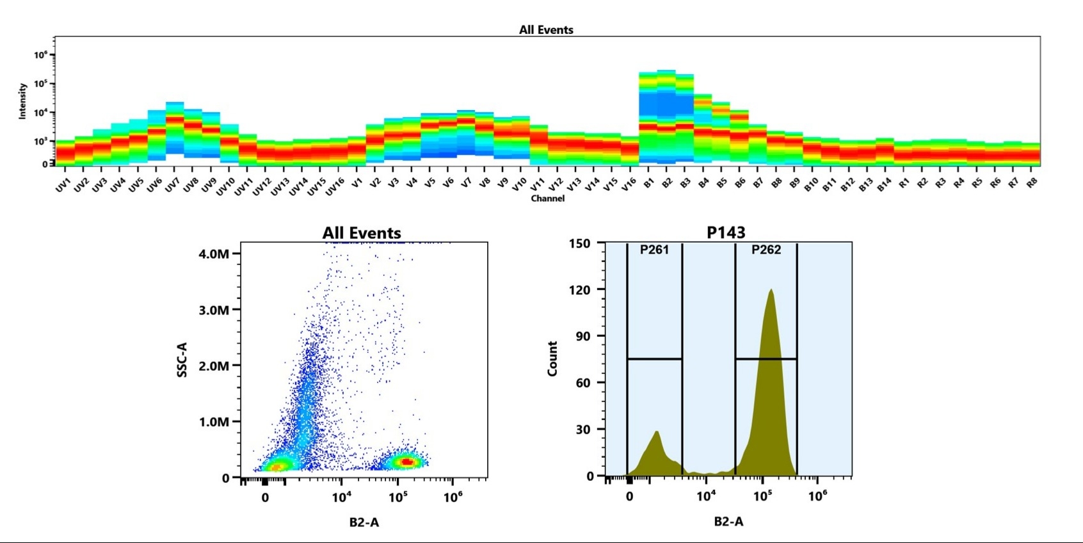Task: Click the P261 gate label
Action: pyautogui.click(x=654, y=250)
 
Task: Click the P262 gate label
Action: pyautogui.click(x=766, y=250)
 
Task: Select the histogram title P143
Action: pyautogui.click(x=726, y=232)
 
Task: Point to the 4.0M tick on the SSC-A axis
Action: pyautogui.click(x=214, y=254)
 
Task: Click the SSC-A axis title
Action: pyautogui.click(x=182, y=359)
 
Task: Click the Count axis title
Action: pyautogui.click(x=552, y=359)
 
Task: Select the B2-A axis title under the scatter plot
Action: pyautogui.click(x=364, y=523)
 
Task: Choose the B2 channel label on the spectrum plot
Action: pyautogui.click(x=667, y=183)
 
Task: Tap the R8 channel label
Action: pyautogui.click(x=1031, y=183)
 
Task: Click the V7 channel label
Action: pyautogui.click(x=466, y=183)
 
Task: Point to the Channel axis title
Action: pyautogui.click(x=547, y=199)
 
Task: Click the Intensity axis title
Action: pyautogui.click(x=22, y=101)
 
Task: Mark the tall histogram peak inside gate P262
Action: pyautogui.click(x=771, y=291)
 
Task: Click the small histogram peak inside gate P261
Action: pyautogui.click(x=657, y=434)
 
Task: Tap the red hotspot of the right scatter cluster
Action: pyautogui.click(x=406, y=461)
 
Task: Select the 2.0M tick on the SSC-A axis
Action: pyautogui.click(x=214, y=366)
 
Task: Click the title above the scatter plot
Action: pyautogui.click(x=362, y=233)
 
